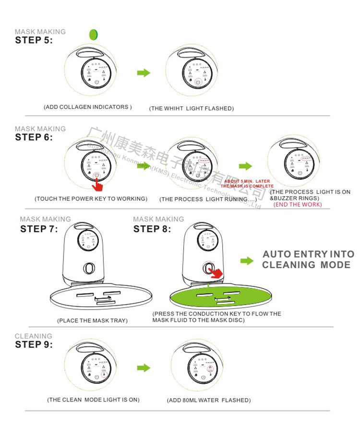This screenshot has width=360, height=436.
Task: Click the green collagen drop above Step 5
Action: [x=93, y=34]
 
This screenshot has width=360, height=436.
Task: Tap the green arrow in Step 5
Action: [x=144, y=72]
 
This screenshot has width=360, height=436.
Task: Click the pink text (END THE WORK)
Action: [x=298, y=205]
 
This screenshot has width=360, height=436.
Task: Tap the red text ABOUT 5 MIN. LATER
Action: [x=247, y=181]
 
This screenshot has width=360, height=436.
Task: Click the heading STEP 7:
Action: [x=39, y=229]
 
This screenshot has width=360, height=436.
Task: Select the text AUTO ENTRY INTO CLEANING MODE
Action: [x=308, y=259]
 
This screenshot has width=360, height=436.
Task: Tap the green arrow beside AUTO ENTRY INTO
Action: [x=247, y=260]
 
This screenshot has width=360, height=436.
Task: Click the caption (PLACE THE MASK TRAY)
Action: [x=92, y=320]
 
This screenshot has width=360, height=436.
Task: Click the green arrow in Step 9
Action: [x=144, y=368]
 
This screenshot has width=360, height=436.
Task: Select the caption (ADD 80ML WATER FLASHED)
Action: [x=209, y=400]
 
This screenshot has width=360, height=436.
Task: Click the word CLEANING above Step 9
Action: [x=33, y=336]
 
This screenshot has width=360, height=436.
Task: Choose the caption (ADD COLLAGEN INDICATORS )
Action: [x=87, y=107]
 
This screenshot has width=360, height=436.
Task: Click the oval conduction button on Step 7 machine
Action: [x=89, y=268]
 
